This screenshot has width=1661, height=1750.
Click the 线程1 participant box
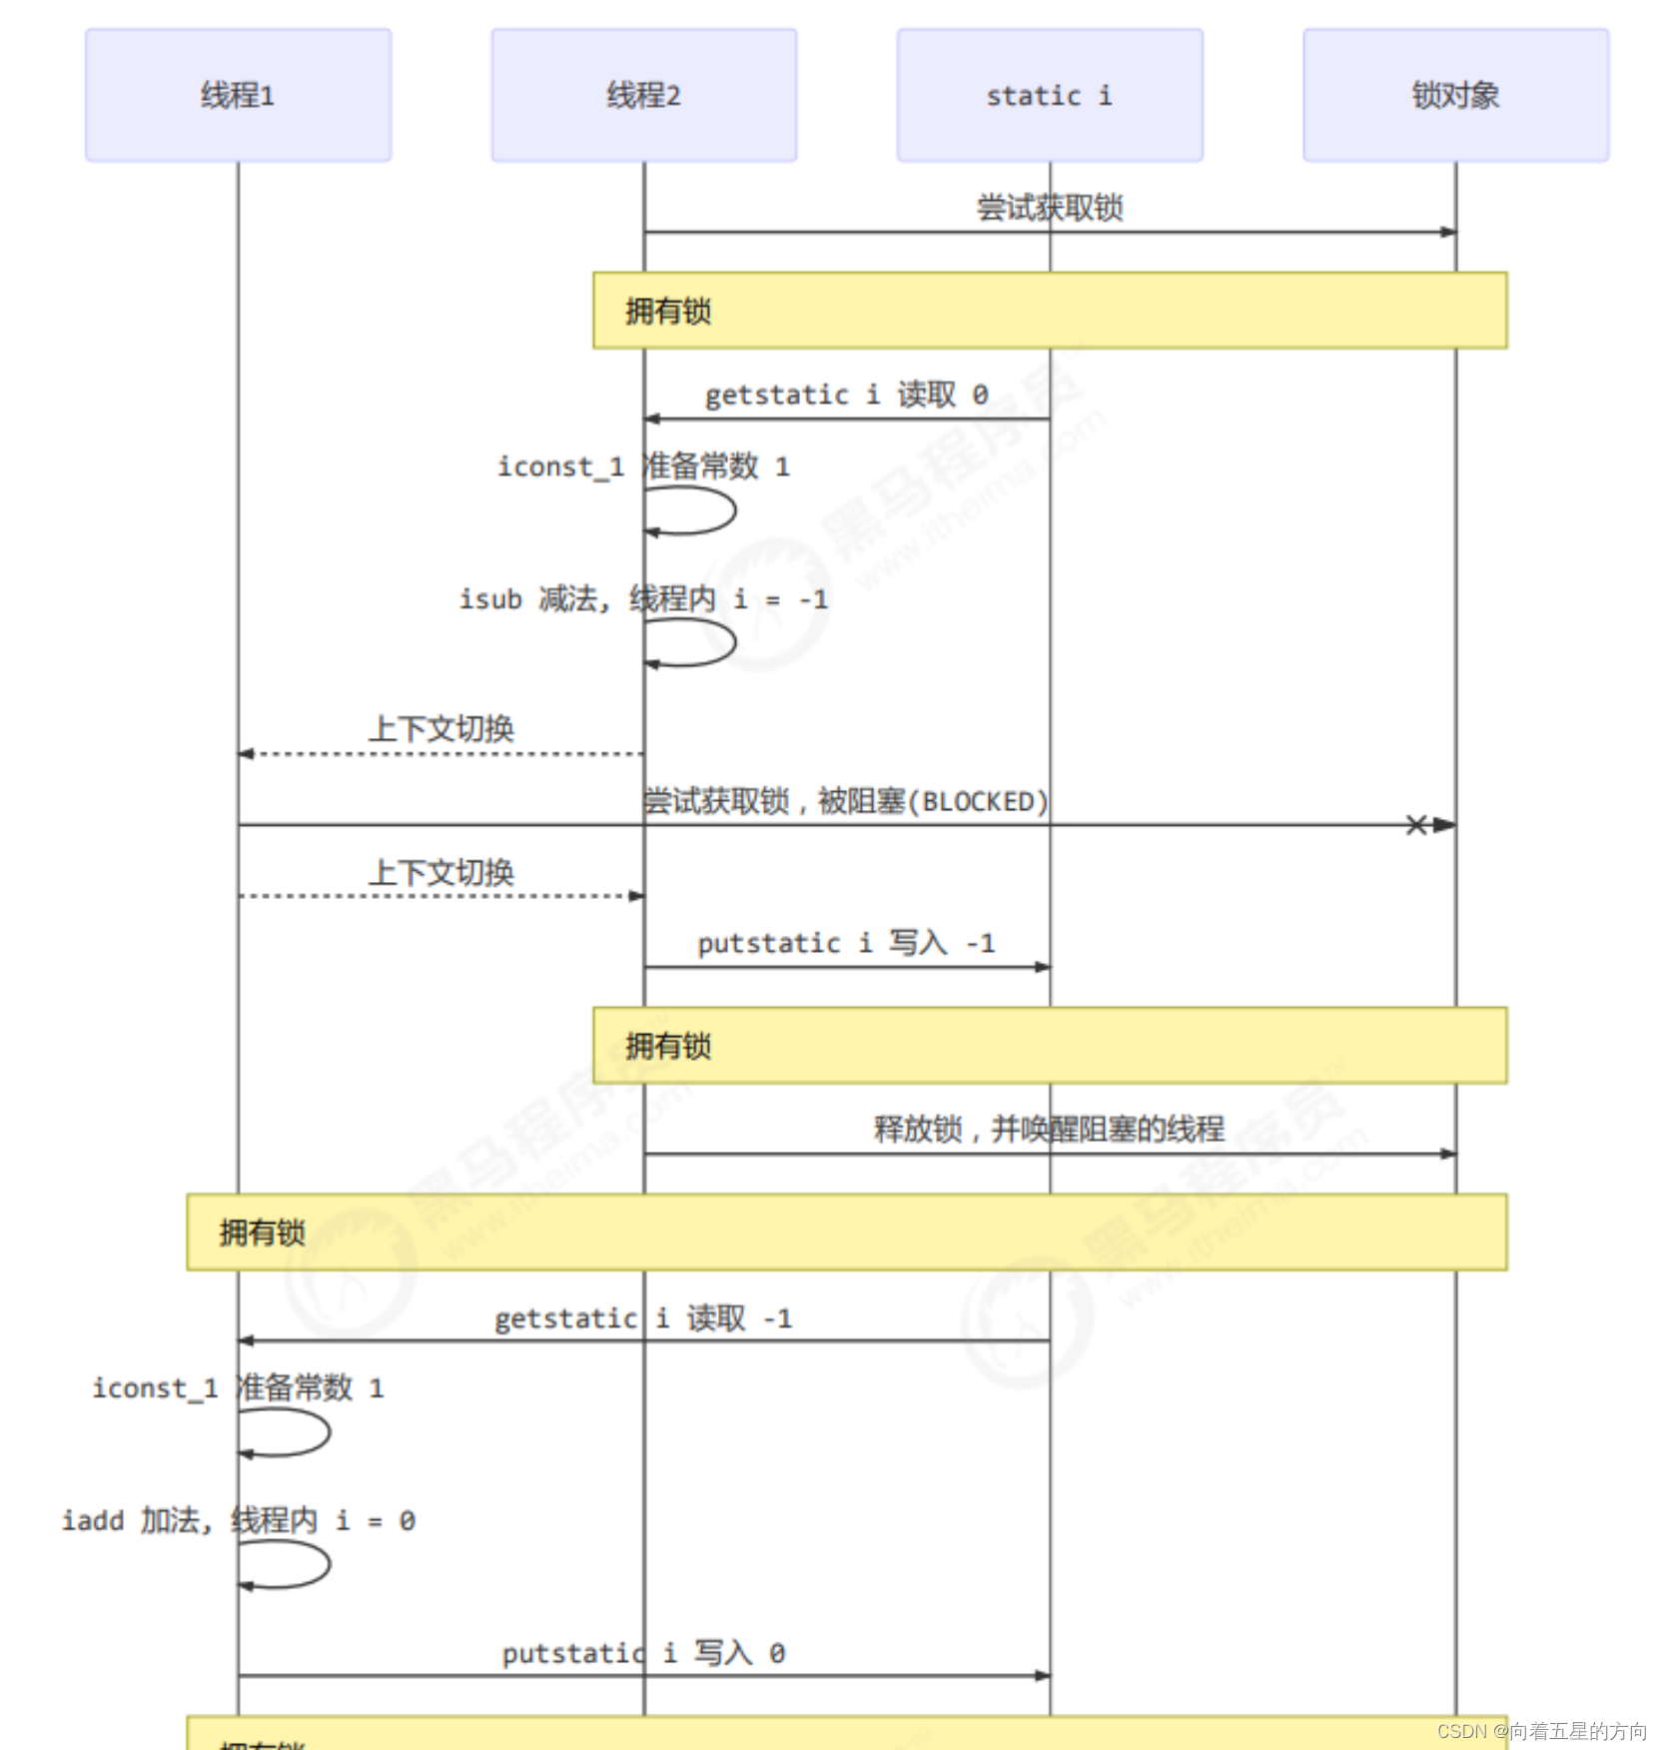click(x=238, y=95)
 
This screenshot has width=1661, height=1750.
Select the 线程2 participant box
click(x=643, y=95)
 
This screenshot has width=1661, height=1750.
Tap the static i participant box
click(x=1049, y=95)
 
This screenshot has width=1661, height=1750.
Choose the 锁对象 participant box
click(x=1455, y=95)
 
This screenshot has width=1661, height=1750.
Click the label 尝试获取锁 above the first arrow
click(x=1049, y=208)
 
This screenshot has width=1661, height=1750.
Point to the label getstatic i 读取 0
click(x=846, y=395)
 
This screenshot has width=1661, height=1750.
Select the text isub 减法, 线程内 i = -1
click(x=643, y=599)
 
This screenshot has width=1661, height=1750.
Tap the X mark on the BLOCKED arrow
click(x=1416, y=824)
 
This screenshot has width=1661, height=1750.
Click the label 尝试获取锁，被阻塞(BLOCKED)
click(x=846, y=801)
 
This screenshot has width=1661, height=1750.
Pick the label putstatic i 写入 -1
click(x=846, y=943)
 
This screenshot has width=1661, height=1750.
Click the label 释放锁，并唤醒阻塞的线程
click(x=1049, y=1129)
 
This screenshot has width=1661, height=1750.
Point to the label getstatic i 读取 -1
click(x=643, y=1318)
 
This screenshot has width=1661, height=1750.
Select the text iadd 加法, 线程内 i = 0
click(x=238, y=1520)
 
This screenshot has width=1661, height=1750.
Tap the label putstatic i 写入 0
click(x=643, y=1653)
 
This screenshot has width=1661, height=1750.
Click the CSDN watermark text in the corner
click(x=1541, y=1731)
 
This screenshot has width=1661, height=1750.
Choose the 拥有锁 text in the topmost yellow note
click(x=667, y=312)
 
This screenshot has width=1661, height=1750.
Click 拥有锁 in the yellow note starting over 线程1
click(x=262, y=1233)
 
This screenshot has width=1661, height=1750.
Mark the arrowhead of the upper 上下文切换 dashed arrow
click(x=246, y=753)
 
